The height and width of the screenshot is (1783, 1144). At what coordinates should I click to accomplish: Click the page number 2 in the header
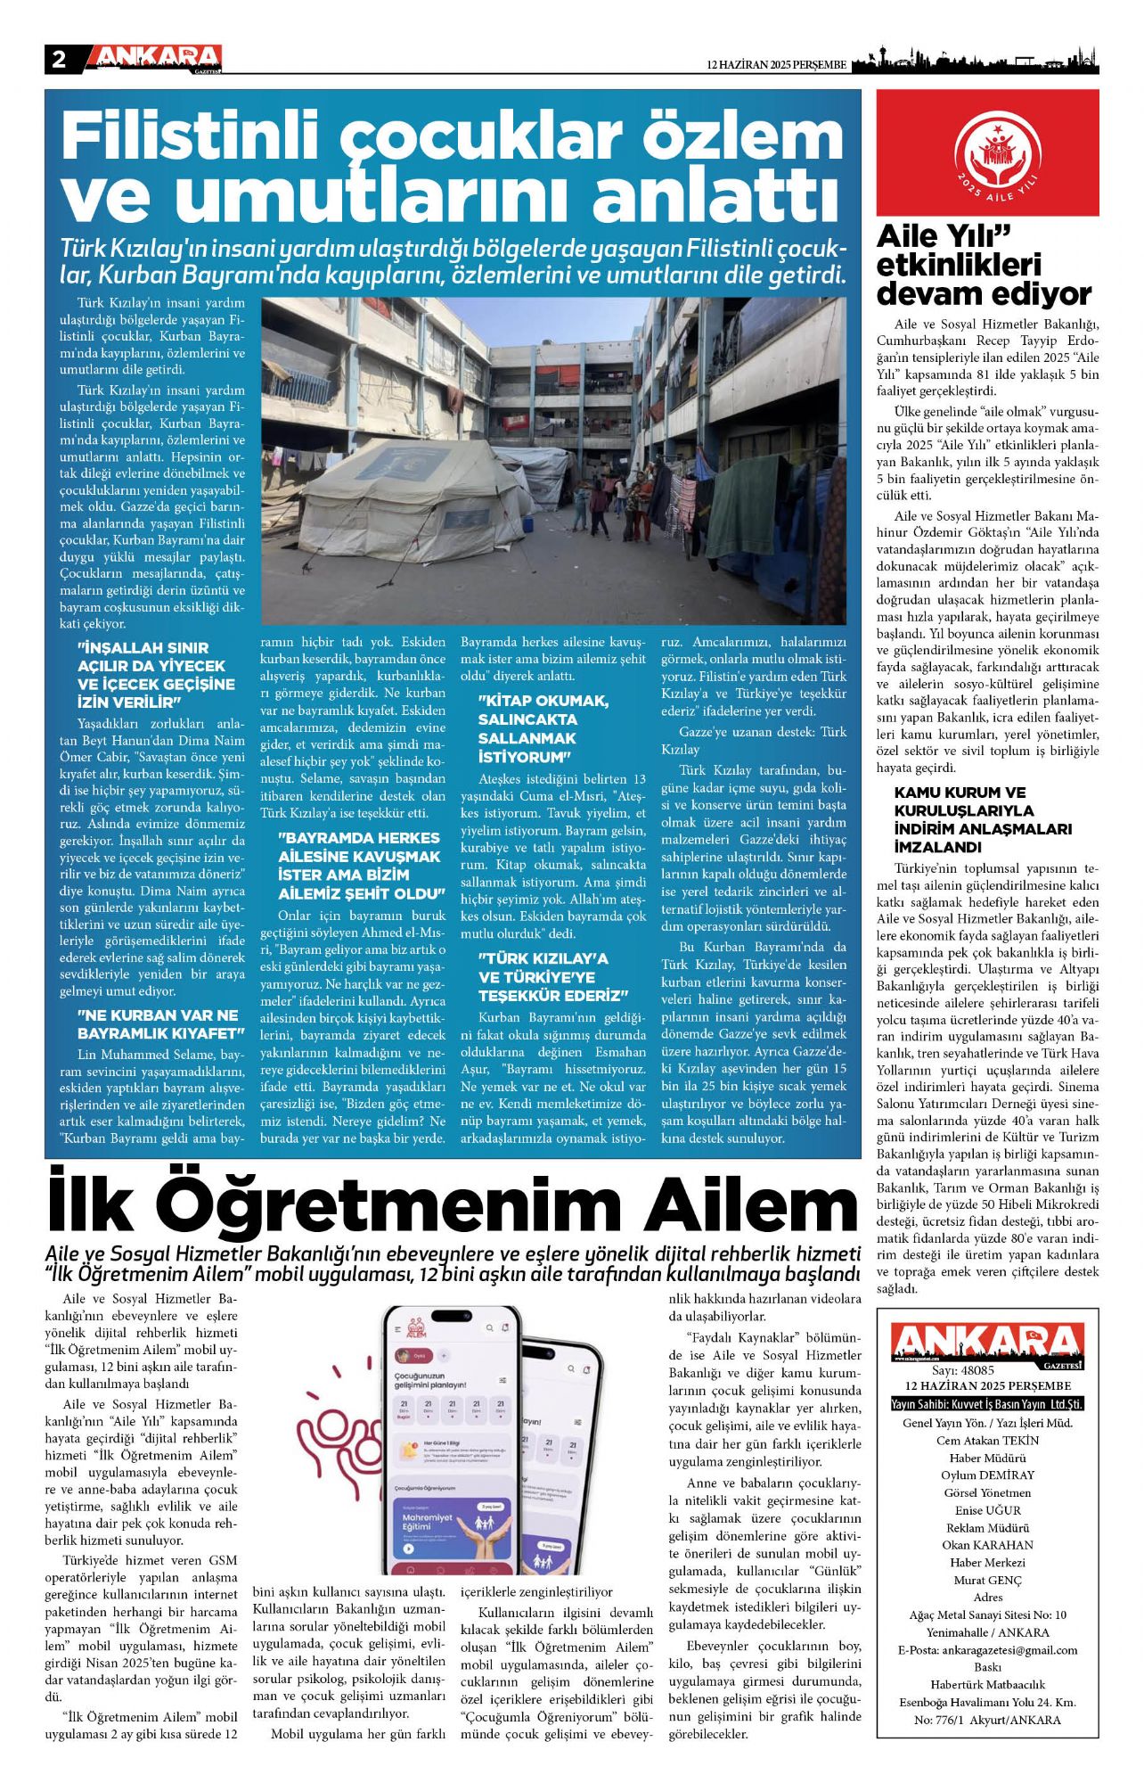(59, 60)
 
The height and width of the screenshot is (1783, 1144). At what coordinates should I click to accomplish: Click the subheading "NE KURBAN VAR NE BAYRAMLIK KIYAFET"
(159, 1024)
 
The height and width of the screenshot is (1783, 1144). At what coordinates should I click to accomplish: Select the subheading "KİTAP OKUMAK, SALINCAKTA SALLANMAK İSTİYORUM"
(543, 728)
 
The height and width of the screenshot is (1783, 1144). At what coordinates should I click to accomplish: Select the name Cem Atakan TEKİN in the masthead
(987, 1440)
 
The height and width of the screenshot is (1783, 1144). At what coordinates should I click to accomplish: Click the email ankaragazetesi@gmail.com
(987, 1649)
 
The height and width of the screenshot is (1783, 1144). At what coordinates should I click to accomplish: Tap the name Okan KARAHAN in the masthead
(987, 1545)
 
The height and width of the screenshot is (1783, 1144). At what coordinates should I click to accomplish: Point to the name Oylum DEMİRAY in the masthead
(987, 1475)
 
